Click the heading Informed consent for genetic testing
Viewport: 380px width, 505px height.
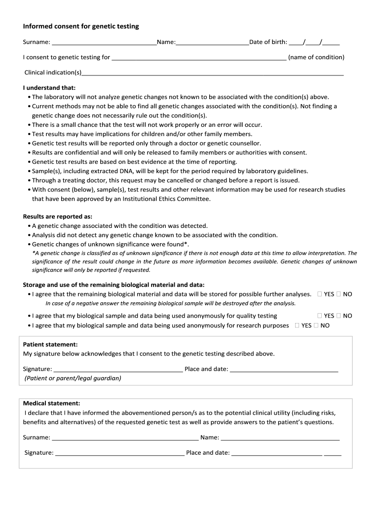pos(81,26)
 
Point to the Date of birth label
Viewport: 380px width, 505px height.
pos(268,42)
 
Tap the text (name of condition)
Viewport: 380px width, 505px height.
pos(316,57)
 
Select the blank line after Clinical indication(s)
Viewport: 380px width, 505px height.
pos(212,73)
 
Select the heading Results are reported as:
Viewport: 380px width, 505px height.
pos(58,216)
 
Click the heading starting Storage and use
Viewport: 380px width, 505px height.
pos(114,285)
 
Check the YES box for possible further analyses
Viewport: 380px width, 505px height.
pos(320,294)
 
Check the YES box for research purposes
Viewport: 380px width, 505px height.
pos(297,325)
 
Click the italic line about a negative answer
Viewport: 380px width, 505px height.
pos(170,303)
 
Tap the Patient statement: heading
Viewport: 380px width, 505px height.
pos(50,345)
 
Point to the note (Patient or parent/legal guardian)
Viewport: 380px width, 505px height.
pos(73,378)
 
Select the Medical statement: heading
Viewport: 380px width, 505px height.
pos(51,403)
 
